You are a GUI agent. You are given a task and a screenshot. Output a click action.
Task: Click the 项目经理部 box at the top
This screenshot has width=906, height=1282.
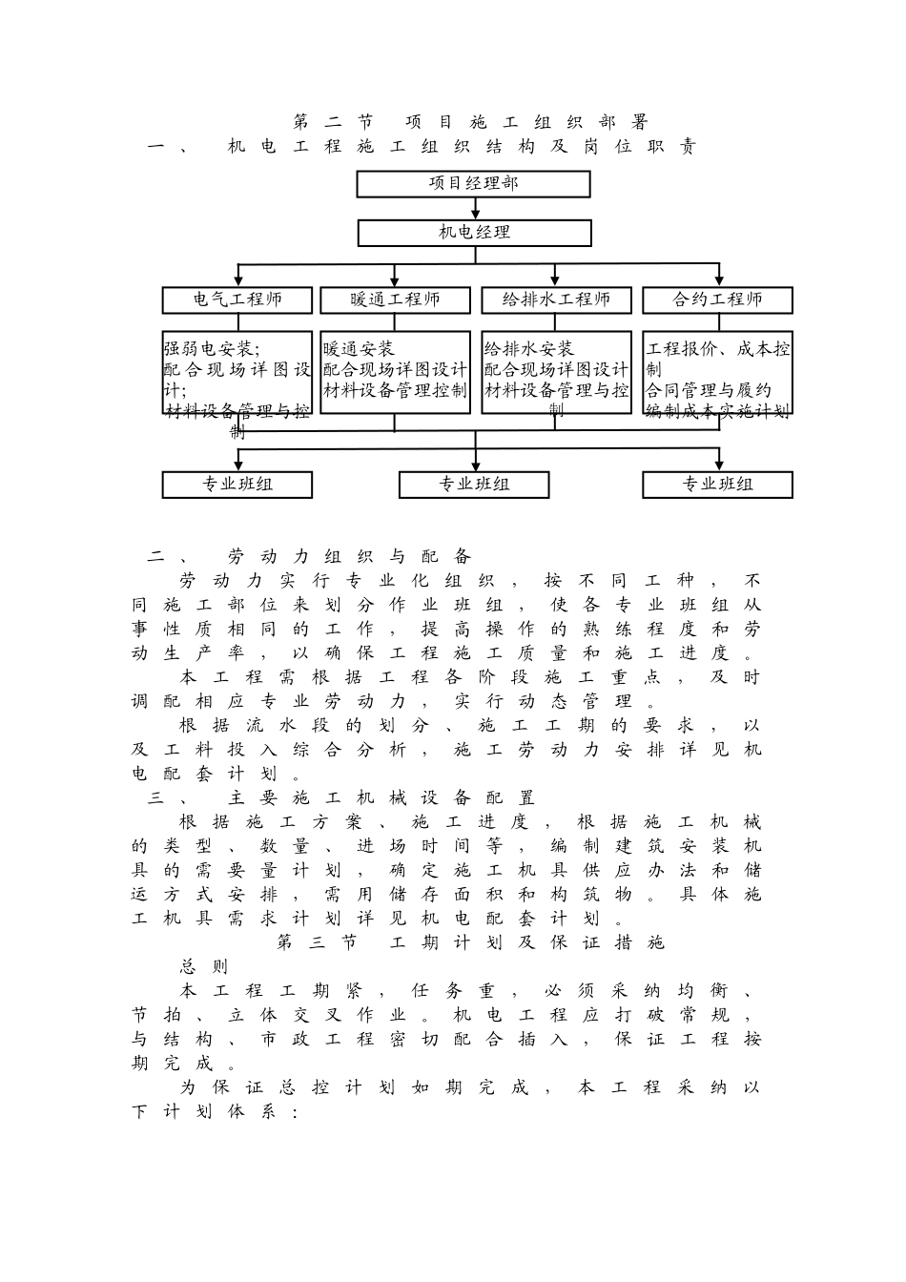[473, 183]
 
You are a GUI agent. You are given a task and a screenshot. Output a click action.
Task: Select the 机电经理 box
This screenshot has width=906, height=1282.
[474, 233]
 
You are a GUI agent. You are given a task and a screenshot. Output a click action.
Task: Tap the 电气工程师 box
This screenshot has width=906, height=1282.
[237, 300]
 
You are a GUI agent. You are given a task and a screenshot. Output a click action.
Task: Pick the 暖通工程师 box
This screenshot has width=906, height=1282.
[395, 300]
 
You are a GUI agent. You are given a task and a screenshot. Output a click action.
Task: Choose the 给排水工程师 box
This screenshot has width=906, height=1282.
[556, 300]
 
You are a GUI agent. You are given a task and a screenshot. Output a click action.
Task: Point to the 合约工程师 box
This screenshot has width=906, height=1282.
[717, 300]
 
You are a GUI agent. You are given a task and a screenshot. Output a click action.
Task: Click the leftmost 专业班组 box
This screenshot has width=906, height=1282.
[237, 485]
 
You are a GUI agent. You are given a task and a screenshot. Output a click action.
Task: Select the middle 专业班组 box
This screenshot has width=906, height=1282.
[474, 485]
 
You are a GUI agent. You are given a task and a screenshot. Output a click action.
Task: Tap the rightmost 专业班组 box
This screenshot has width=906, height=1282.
[717, 485]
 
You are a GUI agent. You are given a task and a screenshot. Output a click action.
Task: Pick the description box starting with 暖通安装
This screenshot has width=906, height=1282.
[395, 372]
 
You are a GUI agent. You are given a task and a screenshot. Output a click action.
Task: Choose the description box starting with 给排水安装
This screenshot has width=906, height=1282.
[556, 372]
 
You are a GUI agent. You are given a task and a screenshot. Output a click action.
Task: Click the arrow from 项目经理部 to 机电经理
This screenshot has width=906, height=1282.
[474, 210]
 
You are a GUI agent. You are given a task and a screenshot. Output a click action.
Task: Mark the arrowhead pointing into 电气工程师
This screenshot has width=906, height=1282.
[237, 280]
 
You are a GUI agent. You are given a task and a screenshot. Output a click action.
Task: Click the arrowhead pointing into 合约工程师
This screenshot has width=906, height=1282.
[717, 280]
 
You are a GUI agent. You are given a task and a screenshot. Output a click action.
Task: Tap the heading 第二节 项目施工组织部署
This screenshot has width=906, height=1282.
[470, 122]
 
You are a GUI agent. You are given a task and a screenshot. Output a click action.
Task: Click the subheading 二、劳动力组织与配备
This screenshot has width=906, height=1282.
[309, 556]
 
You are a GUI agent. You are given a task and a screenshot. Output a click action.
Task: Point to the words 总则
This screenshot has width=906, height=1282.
[204, 966]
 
